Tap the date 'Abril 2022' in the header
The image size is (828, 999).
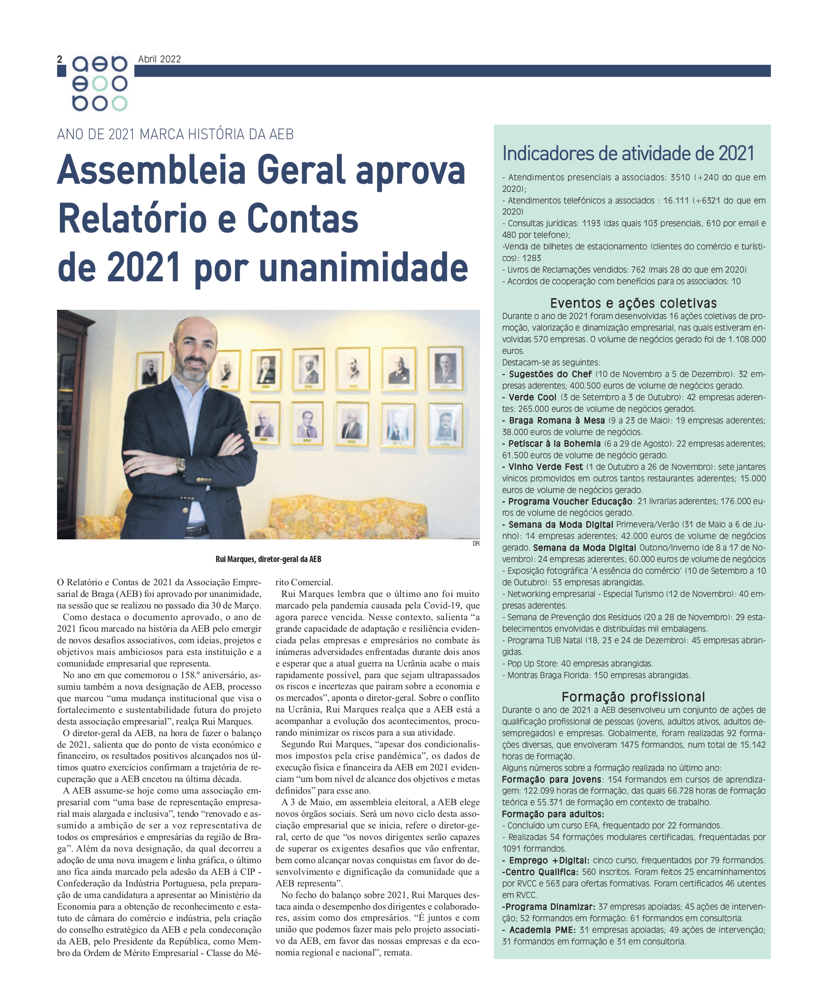click(x=159, y=59)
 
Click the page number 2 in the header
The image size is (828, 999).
click(x=60, y=59)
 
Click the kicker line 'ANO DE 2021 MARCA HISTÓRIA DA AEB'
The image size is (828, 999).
click(x=175, y=134)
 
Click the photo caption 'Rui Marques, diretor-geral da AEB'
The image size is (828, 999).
click(x=268, y=559)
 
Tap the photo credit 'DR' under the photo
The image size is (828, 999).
click(x=476, y=544)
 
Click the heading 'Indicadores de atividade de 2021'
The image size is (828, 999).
click(x=628, y=153)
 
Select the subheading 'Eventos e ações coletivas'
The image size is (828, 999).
click(x=633, y=303)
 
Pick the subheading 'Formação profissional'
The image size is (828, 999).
click(x=633, y=696)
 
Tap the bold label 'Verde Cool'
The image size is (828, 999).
click(x=532, y=397)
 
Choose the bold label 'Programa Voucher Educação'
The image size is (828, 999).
click(x=570, y=502)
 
